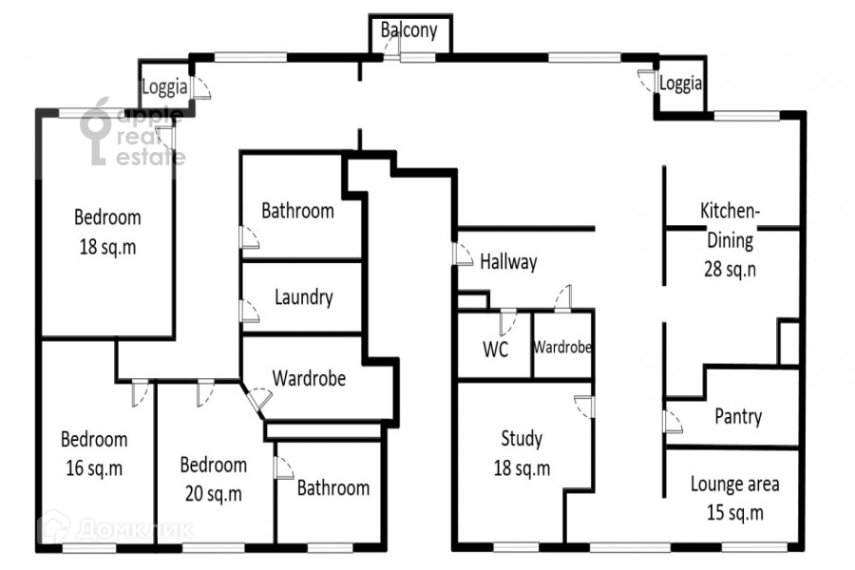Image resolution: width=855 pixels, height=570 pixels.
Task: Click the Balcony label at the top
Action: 409,30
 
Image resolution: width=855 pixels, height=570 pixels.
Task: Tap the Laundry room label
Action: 303,297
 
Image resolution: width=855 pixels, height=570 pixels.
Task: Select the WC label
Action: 495,349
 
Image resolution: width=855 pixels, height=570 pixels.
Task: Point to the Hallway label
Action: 508,262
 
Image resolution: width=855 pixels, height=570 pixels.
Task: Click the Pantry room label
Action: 738,416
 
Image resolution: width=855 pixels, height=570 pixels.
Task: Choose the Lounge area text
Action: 734,484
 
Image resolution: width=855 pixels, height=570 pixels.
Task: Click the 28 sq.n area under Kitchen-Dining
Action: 730,268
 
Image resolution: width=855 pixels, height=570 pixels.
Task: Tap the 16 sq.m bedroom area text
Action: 93,468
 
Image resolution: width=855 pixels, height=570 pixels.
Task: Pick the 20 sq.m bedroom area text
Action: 213,494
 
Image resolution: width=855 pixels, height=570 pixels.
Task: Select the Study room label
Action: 522,439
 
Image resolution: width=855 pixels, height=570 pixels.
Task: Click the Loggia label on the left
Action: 163,86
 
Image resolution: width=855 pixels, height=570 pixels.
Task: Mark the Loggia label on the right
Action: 681,84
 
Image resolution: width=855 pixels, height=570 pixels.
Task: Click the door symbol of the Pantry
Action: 672,420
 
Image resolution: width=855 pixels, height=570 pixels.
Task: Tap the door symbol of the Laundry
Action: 250,311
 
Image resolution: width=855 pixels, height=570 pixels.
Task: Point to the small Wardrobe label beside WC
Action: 562,348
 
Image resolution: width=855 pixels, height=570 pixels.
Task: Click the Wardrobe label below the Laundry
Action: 308,377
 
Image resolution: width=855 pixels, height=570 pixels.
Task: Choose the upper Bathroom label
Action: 297,211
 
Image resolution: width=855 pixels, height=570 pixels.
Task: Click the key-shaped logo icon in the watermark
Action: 97,133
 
